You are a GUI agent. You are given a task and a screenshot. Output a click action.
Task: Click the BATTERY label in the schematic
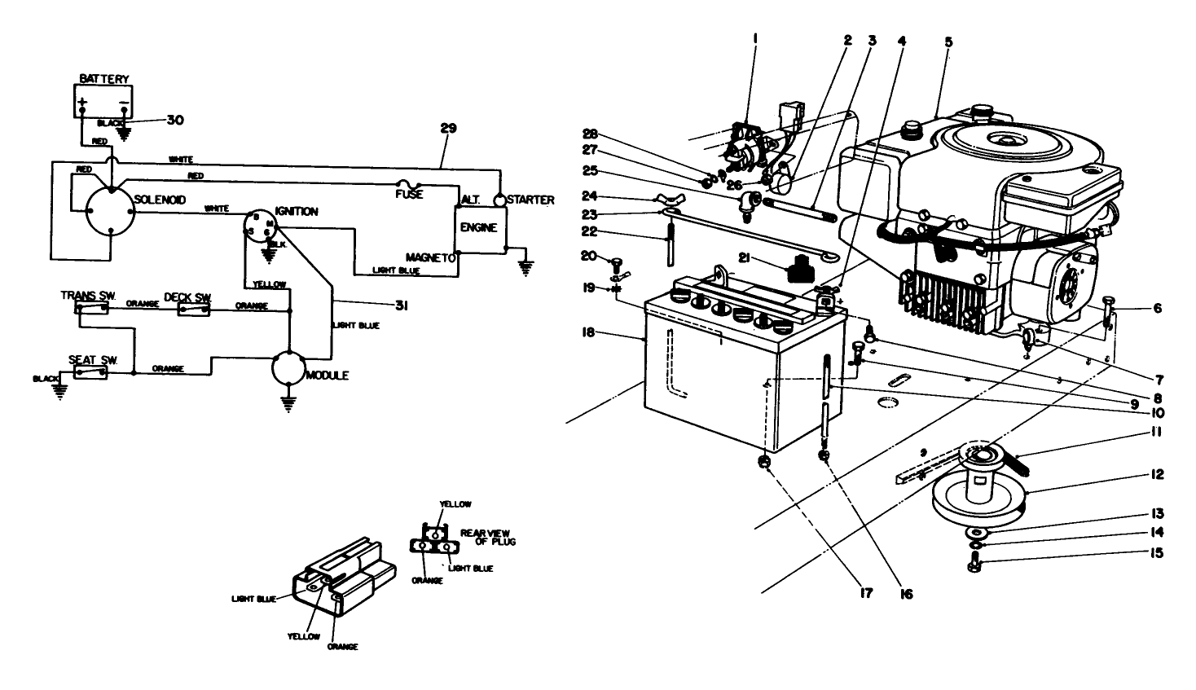(x=103, y=79)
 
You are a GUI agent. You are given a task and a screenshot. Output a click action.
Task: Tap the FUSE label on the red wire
(x=408, y=196)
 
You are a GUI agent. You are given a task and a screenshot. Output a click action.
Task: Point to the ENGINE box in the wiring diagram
(x=478, y=227)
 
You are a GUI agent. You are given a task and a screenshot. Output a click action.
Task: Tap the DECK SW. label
(x=188, y=297)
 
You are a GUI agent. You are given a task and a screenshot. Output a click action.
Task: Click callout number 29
(x=448, y=128)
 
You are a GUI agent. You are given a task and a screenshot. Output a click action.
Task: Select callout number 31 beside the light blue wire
(x=401, y=305)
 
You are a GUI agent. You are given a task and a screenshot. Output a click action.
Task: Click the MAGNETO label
(x=429, y=257)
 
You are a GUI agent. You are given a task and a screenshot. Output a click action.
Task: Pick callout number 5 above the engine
(x=948, y=41)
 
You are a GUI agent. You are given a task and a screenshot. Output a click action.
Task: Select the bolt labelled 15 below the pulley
(x=974, y=562)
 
